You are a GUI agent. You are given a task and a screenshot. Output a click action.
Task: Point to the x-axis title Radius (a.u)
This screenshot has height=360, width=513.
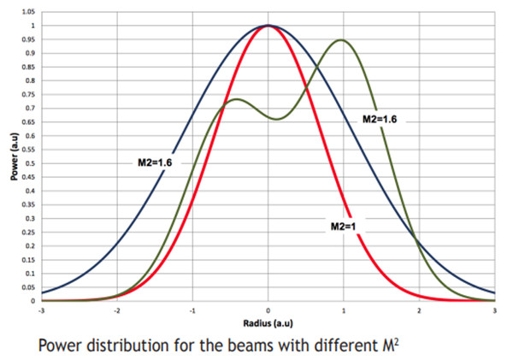268,323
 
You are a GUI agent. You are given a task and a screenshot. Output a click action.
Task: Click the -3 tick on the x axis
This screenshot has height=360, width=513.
41,310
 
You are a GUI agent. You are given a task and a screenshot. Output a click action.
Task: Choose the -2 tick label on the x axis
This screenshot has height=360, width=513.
116,310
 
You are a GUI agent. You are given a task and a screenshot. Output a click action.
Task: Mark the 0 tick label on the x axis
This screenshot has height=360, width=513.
268,310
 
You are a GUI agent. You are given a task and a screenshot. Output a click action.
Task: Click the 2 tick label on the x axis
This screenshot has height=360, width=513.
420,310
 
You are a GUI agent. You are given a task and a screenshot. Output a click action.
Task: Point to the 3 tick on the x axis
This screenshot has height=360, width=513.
495,310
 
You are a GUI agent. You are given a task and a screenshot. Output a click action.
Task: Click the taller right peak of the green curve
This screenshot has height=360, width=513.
342,39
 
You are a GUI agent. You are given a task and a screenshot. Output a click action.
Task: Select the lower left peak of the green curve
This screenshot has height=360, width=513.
236,99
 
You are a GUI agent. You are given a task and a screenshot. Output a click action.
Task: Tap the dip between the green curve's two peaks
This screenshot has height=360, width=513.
277,119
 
